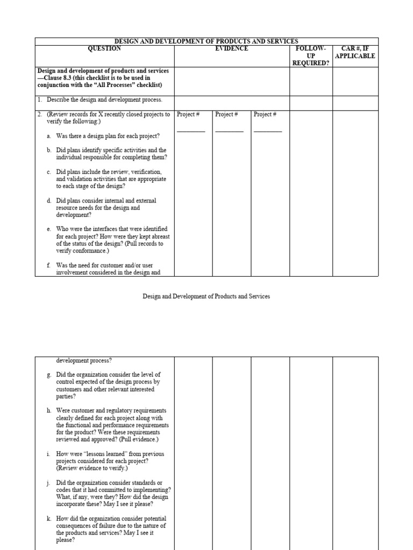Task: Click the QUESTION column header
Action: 104,49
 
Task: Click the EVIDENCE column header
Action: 232,49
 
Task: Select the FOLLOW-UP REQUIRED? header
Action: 311,56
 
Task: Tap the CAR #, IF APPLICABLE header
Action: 355,52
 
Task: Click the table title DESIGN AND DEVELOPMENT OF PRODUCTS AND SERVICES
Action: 206,41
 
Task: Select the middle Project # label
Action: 226,114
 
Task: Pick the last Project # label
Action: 265,114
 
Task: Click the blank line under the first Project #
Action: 191,131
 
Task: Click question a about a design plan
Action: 108,136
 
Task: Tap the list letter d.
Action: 49,201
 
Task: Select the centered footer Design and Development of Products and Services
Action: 206,296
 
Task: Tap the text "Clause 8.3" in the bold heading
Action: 61,78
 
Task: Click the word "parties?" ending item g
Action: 66,396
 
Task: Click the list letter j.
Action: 49,483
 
